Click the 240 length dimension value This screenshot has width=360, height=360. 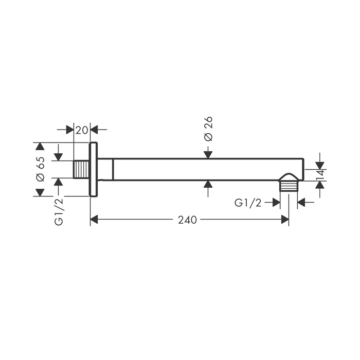187,220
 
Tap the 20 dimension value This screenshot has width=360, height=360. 82,130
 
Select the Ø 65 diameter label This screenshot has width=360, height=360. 41,169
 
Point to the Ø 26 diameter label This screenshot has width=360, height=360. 208,129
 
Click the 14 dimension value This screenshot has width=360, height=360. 320,175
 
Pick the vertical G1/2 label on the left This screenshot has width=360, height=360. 59,212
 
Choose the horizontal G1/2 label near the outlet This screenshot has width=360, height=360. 248,203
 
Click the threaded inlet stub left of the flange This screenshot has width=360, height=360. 81,169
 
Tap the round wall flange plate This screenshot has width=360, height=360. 93,169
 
